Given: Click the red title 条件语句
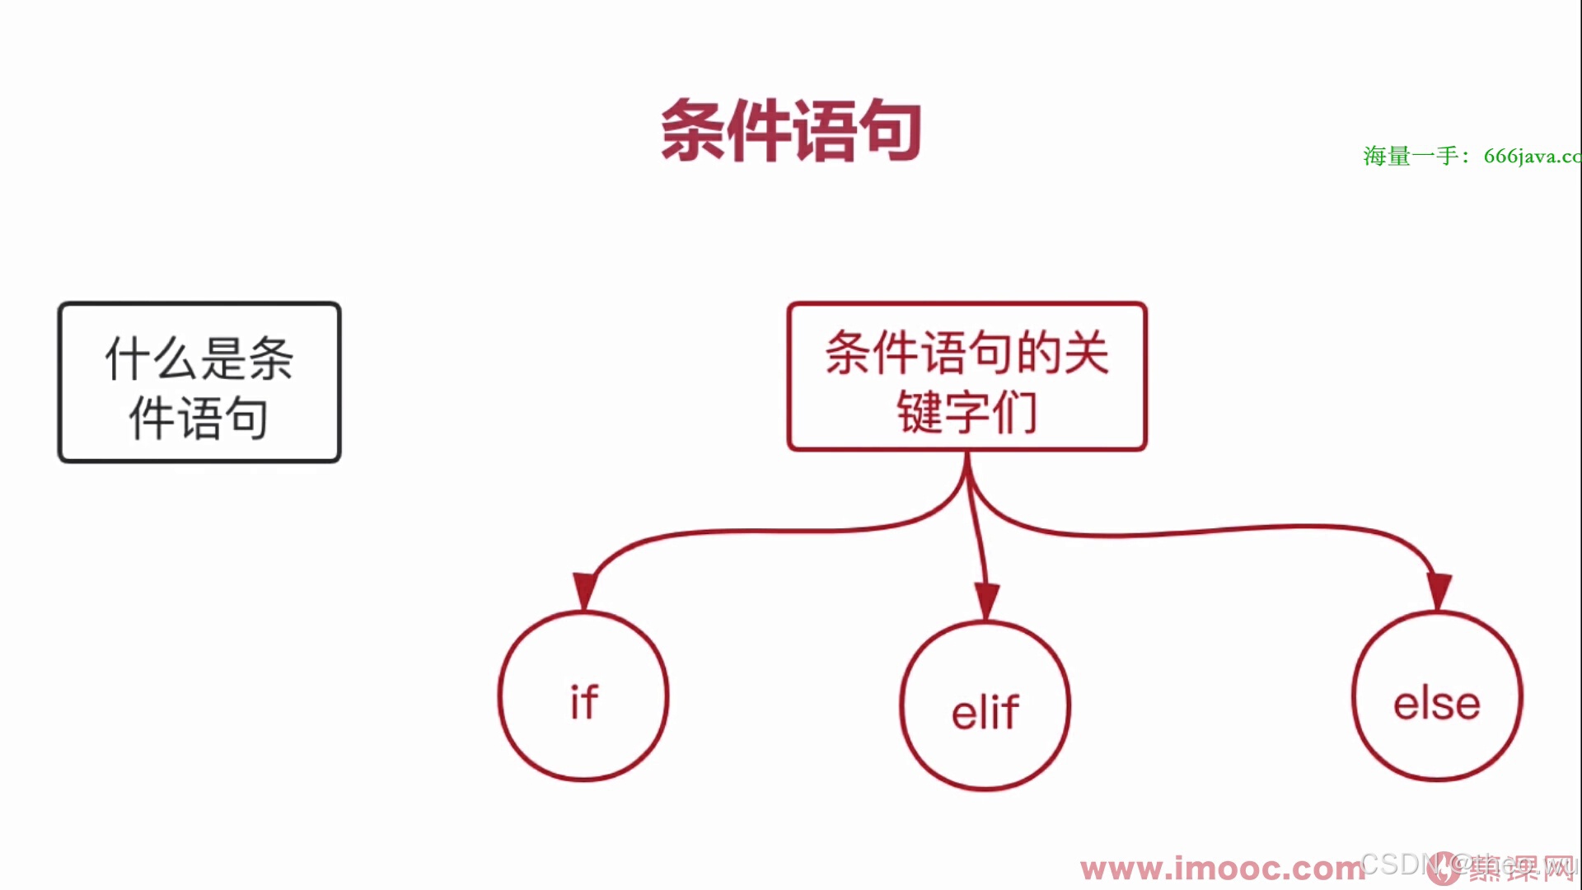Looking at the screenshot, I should (790, 130).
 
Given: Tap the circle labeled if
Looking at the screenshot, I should (583, 696).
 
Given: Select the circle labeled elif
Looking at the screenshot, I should (985, 706).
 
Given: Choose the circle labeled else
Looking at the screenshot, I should (1437, 696).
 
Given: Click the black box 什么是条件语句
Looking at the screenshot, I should (199, 382).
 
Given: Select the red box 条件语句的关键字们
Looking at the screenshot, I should (967, 377).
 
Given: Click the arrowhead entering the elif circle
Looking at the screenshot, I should (986, 600).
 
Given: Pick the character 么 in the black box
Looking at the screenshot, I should (176, 358).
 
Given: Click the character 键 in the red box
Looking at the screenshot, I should (920, 412).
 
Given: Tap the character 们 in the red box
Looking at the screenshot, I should (1014, 412).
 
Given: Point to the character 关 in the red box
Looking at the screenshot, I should (1086, 353).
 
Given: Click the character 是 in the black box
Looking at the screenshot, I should (223, 358).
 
